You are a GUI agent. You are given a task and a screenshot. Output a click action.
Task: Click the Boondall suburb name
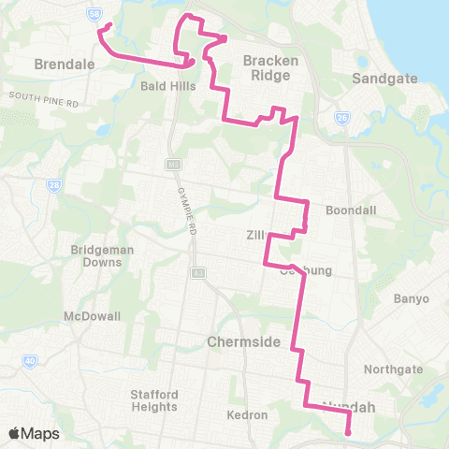[351, 210]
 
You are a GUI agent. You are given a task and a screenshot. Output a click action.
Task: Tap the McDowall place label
[93, 316]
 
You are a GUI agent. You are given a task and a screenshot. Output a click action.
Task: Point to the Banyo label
[412, 298]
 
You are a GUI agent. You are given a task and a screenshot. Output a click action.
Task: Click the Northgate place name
[387, 369]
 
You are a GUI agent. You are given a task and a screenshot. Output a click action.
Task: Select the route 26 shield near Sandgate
[343, 118]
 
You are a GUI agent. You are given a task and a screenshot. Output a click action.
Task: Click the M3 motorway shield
[172, 165]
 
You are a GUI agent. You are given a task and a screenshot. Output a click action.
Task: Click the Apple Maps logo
[35, 433]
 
